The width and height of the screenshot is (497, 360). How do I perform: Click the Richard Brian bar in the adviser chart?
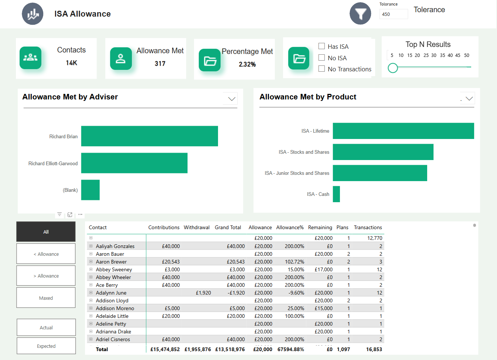(149, 136)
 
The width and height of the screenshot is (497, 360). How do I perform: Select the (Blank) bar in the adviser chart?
(90, 190)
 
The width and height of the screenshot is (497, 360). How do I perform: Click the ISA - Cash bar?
(336, 194)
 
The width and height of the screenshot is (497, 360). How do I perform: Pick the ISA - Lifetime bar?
(403, 131)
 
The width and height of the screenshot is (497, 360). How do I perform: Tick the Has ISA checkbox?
(322, 46)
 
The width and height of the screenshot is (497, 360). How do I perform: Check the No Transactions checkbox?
(322, 69)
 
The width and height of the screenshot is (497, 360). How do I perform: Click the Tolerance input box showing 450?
(393, 14)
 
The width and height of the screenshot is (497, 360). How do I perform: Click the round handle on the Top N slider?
(393, 68)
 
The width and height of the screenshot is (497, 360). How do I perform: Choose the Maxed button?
(46, 298)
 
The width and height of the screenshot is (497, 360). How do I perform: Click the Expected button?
(46, 346)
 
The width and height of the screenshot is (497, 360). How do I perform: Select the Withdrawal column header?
(197, 227)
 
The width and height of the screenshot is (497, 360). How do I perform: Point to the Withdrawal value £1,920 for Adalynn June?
(203, 293)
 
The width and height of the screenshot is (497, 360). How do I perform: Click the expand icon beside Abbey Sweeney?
(91, 269)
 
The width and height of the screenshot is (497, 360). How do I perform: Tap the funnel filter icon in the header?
(360, 14)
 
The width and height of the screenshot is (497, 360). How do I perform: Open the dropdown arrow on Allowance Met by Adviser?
(232, 99)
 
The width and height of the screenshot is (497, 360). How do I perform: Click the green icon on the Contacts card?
(30, 58)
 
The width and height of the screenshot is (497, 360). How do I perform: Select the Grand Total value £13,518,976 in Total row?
(230, 349)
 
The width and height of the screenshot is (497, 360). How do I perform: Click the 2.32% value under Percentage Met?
(247, 64)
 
